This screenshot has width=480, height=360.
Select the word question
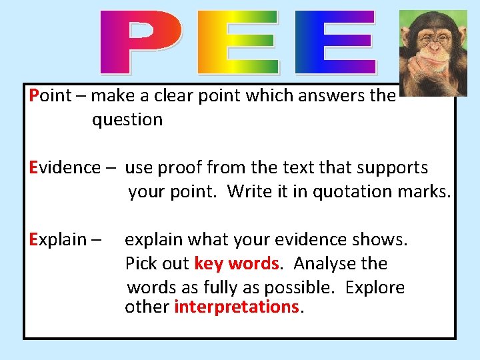(x=127, y=120)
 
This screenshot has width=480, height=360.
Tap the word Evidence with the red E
(x=64, y=167)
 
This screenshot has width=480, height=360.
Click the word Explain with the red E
(x=59, y=239)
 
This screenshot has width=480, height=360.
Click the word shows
(x=383, y=239)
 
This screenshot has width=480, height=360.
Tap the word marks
(x=427, y=192)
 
